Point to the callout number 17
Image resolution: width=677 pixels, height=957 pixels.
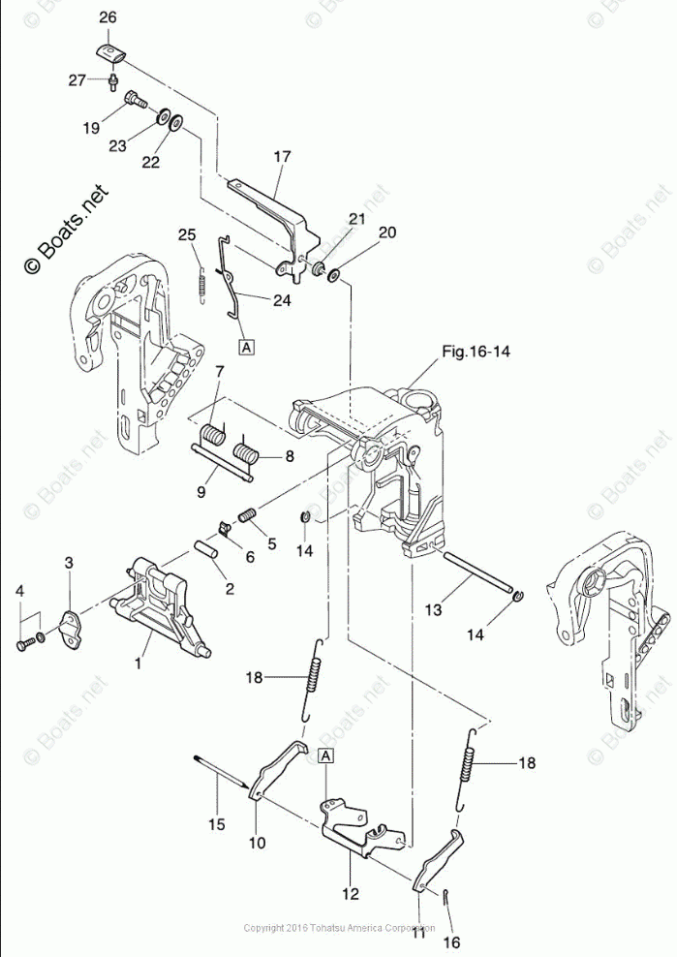coord(282,155)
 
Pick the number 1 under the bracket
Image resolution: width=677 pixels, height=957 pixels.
coord(138,664)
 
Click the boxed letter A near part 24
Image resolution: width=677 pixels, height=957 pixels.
coord(247,345)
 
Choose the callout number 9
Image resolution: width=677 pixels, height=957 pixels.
coord(200,492)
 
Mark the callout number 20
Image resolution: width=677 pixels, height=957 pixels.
coord(387,232)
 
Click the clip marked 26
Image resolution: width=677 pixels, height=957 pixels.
coord(108,51)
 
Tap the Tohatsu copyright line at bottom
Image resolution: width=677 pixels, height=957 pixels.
coord(338,928)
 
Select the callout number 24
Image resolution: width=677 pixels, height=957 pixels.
coord(281,300)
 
